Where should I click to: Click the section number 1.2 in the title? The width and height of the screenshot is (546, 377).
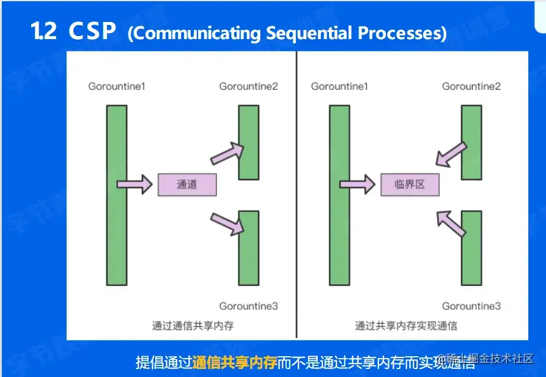coord(43,32)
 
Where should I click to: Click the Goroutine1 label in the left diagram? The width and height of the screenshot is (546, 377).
coord(117,86)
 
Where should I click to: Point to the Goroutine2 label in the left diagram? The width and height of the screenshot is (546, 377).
coord(248,86)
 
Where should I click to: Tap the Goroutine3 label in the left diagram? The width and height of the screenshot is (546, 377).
coord(248,306)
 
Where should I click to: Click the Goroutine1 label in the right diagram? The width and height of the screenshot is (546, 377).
coord(339,86)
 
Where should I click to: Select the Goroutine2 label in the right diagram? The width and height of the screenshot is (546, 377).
coord(471,86)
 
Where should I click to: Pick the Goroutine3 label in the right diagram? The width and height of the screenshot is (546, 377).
coord(471,306)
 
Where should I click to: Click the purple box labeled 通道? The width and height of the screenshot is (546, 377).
coord(187,185)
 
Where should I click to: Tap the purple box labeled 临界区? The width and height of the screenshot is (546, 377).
coord(410,185)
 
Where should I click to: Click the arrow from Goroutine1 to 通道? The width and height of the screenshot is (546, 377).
coord(135,184)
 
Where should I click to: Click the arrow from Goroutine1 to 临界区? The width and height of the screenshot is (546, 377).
coord(357,184)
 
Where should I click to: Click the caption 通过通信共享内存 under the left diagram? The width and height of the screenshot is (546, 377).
coord(193,326)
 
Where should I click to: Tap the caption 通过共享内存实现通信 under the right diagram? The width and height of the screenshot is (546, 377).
coord(406,326)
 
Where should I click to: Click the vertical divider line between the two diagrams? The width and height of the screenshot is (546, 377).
coord(297,196)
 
